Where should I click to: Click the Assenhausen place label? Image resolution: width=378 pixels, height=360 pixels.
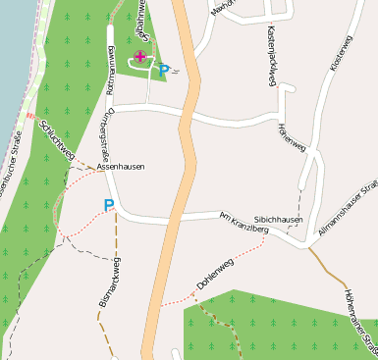pos(121,168)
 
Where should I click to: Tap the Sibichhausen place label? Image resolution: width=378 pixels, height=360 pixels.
pos(278,220)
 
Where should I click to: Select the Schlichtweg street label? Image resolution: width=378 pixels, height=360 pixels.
pos(56,140)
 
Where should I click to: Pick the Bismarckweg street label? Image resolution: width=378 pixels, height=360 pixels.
pos(109,283)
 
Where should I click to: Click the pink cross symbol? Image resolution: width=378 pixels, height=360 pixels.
pos(140,57)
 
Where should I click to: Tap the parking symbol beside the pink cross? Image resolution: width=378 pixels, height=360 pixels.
pos(164,71)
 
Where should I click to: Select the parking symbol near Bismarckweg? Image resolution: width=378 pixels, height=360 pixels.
pos(108,206)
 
